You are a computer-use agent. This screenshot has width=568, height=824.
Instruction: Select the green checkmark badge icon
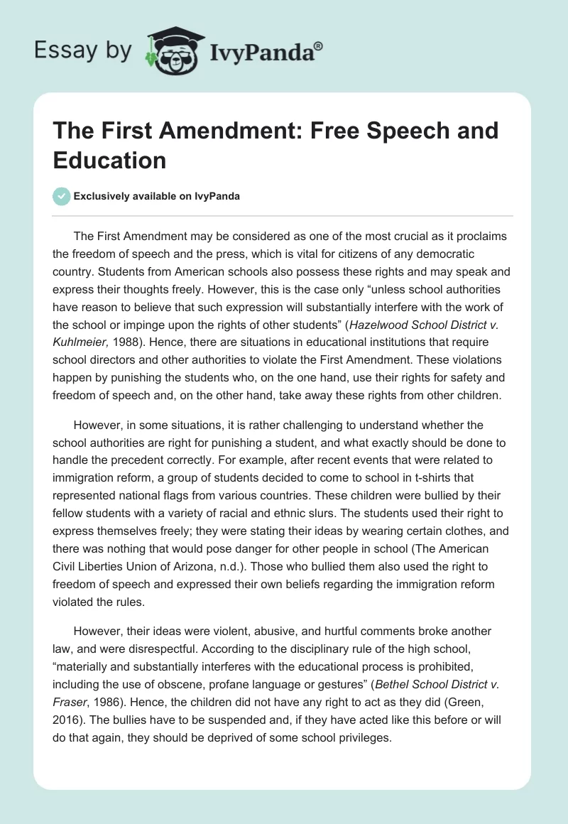62,196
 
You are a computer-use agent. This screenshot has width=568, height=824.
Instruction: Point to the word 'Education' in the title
109,160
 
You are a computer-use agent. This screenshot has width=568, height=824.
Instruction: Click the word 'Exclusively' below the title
106,197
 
